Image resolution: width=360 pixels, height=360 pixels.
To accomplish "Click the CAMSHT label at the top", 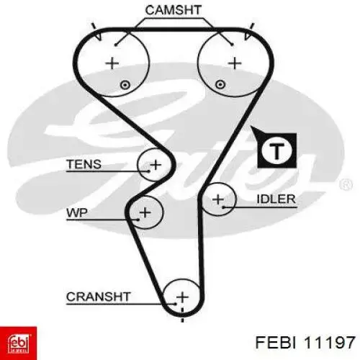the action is pos(173,10).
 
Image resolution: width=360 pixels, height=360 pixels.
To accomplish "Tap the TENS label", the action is pos(84,164).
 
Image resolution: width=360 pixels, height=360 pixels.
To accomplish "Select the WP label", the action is pos(77,212).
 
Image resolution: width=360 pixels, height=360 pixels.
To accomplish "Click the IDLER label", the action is pos(276,199).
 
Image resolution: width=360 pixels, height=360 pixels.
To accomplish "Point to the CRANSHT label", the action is pos(99,297).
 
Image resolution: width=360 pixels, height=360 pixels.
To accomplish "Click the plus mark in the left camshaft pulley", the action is pos(112,63).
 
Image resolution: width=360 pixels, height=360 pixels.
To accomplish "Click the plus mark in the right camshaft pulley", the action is pos(235,63).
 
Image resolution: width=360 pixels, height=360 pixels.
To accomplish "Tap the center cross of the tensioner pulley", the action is pos(156,165).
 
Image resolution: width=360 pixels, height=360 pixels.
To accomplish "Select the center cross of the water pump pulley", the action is pos(145,212).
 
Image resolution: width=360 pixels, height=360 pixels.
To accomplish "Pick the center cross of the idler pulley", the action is pos(218,199).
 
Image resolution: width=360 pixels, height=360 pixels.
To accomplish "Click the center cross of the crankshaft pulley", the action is pos(182,297).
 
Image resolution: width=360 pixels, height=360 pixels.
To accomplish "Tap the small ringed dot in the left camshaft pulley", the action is pos(125,85).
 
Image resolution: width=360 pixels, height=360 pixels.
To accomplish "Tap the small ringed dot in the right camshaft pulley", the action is pos(220,85).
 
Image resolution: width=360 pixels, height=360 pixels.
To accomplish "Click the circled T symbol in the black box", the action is pos(276,150).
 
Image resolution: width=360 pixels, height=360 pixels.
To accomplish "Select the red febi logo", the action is pos(18,343).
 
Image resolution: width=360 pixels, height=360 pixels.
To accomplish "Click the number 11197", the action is pos(329,342).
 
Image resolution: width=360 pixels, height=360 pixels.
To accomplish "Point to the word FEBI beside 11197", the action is pos(276,342).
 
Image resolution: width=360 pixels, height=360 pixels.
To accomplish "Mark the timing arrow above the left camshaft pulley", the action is pos(96,32).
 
